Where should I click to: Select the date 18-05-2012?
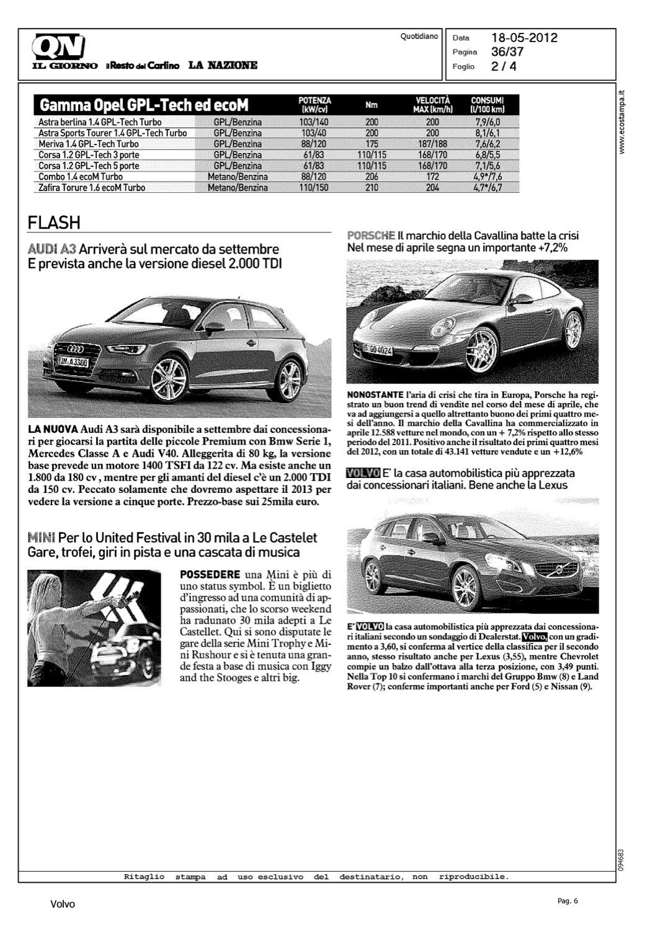524,38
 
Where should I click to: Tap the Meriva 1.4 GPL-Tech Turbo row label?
89,144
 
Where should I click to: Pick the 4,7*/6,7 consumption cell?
487,187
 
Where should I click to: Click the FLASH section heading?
54,222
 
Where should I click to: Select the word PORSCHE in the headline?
371,236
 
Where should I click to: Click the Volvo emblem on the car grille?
558,568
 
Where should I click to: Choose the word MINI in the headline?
42,537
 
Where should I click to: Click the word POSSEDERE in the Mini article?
210,573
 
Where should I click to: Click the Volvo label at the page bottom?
62,905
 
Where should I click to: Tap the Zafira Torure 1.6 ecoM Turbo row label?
92,187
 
